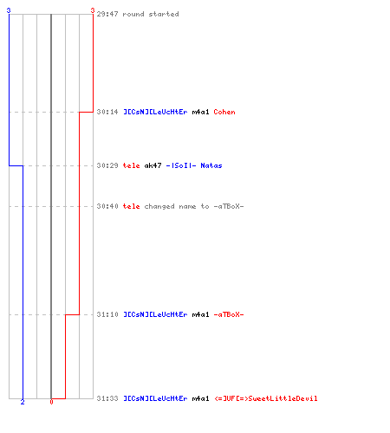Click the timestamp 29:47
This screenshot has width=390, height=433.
point(107,14)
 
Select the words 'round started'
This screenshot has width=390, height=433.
point(151,14)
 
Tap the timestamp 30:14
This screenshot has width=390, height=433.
point(107,112)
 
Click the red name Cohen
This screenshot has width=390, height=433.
point(224,112)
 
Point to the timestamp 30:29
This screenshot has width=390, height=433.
point(107,165)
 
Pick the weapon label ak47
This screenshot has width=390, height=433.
point(153,165)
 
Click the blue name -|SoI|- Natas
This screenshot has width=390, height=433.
point(194,165)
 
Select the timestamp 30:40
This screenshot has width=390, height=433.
point(107,206)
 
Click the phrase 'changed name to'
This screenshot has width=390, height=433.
point(177,206)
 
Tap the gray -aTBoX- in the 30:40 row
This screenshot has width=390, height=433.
point(229,206)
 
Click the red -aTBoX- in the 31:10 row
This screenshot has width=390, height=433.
point(229,314)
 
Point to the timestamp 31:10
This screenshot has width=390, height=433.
point(107,314)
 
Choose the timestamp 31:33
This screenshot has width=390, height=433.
point(107,398)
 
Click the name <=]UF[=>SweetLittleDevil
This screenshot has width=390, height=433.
point(266,398)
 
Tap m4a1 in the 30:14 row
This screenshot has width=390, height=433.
point(200,112)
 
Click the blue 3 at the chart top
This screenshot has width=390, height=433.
point(9,10)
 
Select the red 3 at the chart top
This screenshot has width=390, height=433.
point(93,10)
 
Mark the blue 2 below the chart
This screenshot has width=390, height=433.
point(23,402)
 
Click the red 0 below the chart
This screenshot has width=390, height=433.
point(51,402)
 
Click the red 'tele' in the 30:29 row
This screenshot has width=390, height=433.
point(131,165)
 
